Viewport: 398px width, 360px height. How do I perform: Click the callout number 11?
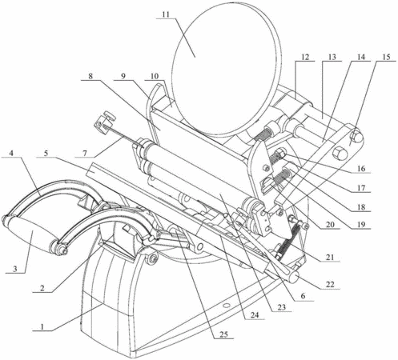click(166, 14)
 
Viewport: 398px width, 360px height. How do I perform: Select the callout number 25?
click(223, 334)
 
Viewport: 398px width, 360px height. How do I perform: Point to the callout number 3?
click(15, 269)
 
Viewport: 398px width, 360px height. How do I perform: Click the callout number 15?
click(386, 57)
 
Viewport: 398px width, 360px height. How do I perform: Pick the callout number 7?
click(85, 153)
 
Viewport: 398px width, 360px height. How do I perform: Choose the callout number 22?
click(330, 284)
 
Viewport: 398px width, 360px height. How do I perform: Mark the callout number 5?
click(46, 153)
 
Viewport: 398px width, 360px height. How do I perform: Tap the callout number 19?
click(361, 224)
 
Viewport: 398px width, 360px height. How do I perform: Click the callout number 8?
click(90, 76)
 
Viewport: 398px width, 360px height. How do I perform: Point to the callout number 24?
click(255, 314)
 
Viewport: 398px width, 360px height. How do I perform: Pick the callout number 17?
click(361, 188)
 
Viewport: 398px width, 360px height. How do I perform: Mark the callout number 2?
click(42, 288)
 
